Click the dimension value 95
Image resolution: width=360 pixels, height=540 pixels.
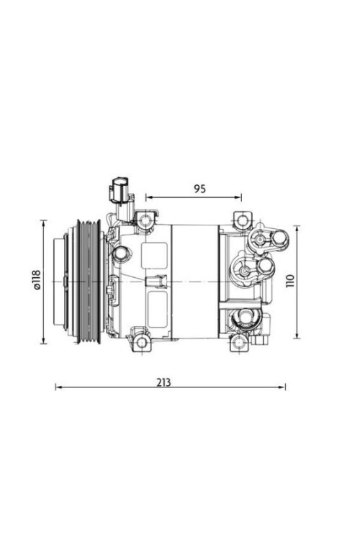click(x=199, y=189)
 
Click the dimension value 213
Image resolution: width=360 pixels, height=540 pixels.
click(x=163, y=382)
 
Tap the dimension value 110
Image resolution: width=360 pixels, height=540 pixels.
click(x=290, y=281)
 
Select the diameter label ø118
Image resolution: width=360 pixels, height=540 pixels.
click(x=37, y=279)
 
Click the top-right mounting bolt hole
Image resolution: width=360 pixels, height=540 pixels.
click(x=243, y=220)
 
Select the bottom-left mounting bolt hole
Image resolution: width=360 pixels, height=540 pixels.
click(x=141, y=343)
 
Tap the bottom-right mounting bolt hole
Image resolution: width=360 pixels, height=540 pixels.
click(x=239, y=343)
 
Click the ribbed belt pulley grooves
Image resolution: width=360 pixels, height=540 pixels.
click(x=89, y=282)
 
